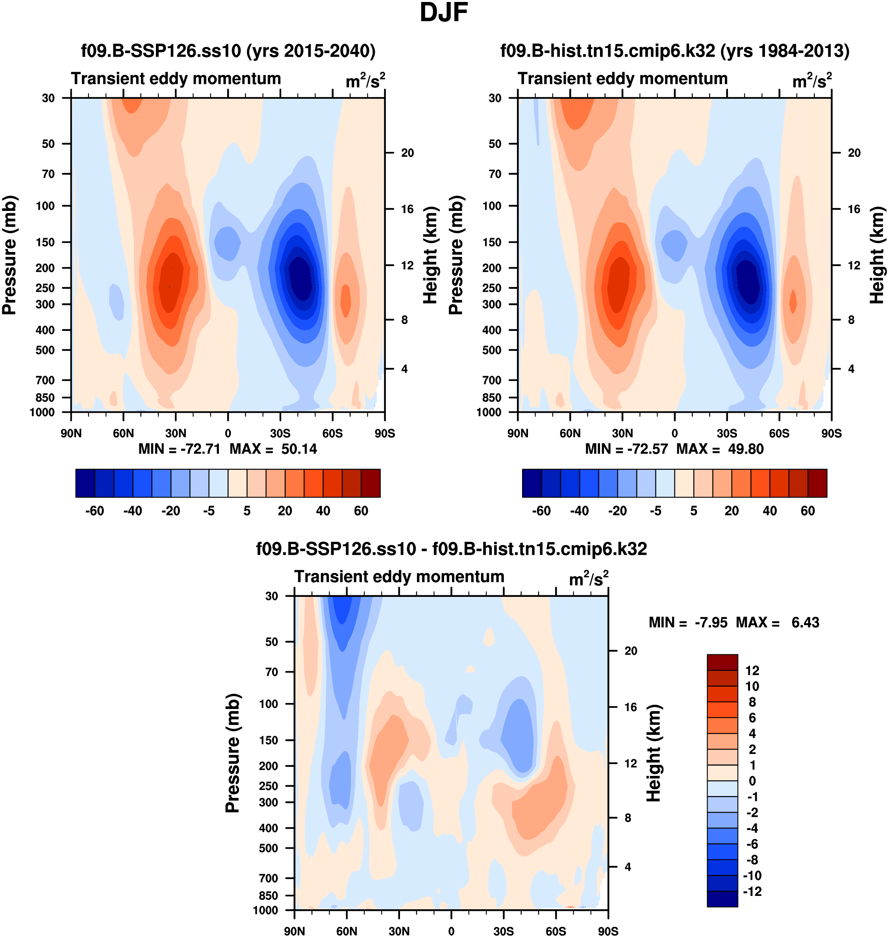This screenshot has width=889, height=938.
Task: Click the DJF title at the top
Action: [444, 13]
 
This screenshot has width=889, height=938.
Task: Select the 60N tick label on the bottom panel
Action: [346, 931]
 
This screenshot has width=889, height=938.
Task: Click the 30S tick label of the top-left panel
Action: [280, 433]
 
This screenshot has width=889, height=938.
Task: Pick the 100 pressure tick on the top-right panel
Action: [492, 206]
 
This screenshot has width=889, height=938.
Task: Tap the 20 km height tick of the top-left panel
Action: [407, 153]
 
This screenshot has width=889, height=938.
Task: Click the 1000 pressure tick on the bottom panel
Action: [265, 910]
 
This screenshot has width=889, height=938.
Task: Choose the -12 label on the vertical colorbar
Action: [752, 891]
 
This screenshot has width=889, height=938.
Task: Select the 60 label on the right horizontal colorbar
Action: [808, 511]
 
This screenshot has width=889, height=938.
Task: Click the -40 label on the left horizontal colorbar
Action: [133, 511]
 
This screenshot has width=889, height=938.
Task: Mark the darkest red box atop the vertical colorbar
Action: [722, 662]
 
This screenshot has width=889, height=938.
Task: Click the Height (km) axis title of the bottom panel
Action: [654, 753]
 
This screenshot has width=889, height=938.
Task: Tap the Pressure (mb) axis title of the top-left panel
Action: [9, 255]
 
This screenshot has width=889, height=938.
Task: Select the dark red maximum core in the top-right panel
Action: [618, 284]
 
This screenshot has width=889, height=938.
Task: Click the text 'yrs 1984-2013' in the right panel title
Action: [784, 51]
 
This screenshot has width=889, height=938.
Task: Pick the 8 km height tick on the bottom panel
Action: [628, 818]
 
